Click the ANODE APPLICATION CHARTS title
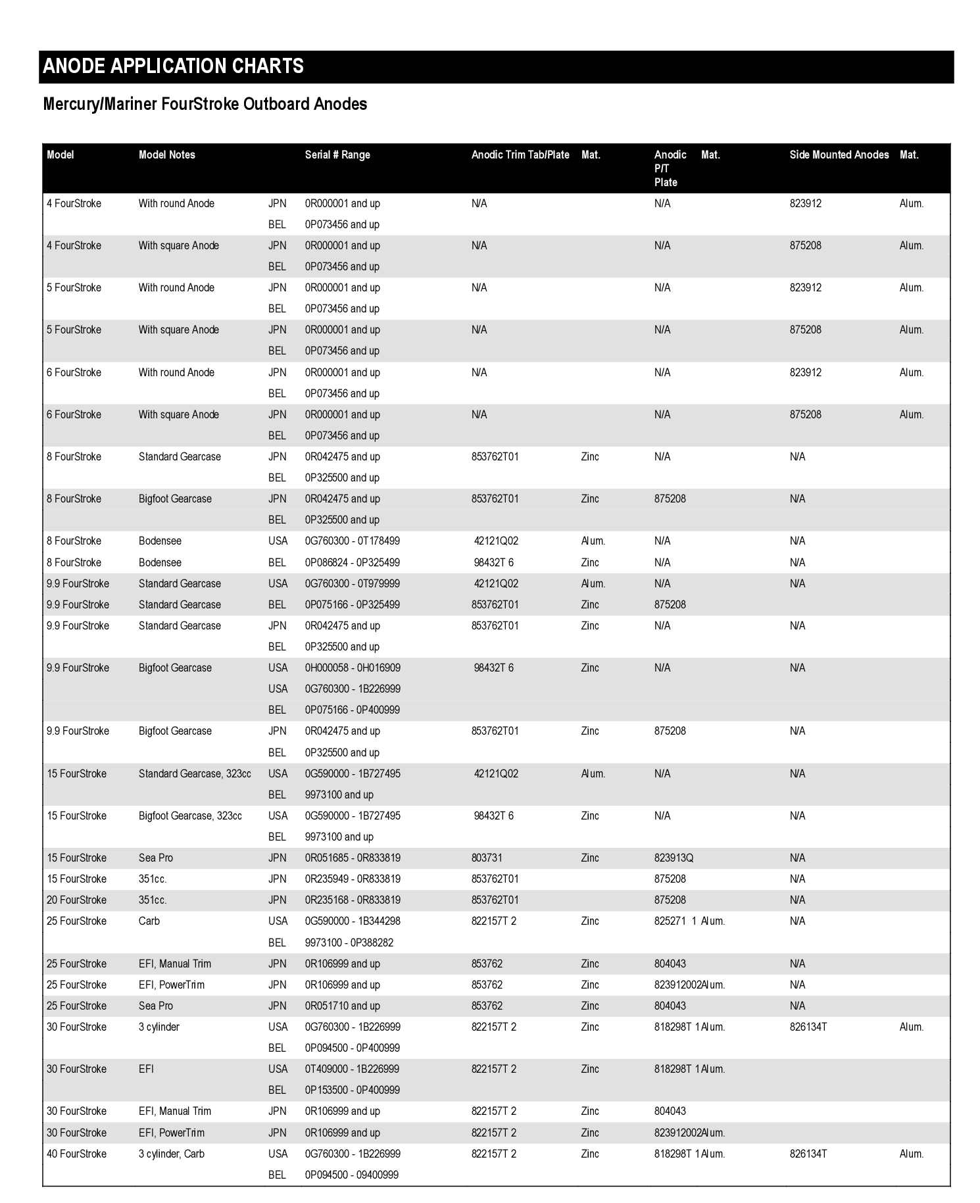(173, 66)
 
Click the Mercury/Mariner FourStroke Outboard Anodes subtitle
(205, 104)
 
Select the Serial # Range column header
(337, 155)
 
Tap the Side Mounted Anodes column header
(839, 155)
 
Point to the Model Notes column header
(167, 155)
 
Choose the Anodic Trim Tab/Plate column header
(520, 155)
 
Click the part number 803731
(487, 858)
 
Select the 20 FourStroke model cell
(76, 900)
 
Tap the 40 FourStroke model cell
(76, 1154)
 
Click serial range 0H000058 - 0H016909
(353, 668)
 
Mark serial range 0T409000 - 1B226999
(352, 1069)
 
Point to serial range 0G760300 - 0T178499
(353, 541)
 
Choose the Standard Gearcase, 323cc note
(195, 773)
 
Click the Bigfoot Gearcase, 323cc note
(190, 816)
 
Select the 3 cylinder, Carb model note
(172, 1154)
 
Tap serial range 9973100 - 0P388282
(349, 943)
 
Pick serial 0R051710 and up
(342, 1006)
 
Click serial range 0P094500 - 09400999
(352, 1175)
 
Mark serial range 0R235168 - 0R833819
(353, 900)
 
